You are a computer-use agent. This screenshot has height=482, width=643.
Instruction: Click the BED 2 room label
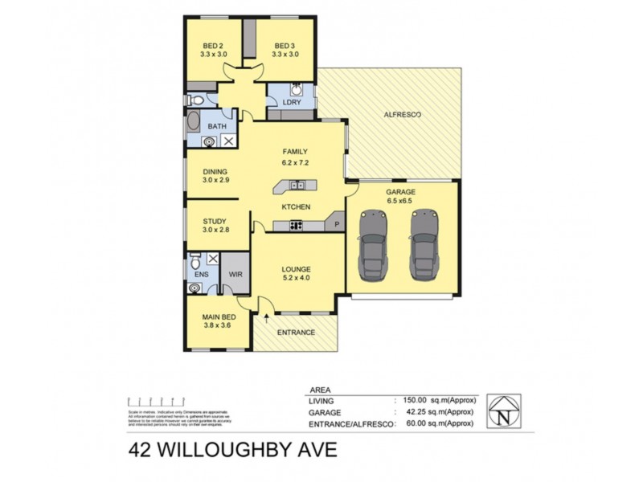tap(213, 45)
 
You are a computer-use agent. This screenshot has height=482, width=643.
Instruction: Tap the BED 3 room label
tap(285, 45)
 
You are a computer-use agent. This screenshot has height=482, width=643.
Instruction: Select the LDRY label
tap(292, 102)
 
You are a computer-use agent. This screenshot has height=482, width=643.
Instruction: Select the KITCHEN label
tap(295, 207)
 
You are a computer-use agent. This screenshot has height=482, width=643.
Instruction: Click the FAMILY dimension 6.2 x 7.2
tap(295, 162)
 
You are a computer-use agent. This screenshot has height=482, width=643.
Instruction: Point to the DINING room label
tap(215, 171)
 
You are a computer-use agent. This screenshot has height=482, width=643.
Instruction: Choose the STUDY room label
tap(215, 221)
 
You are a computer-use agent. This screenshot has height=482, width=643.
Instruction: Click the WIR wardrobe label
tap(235, 274)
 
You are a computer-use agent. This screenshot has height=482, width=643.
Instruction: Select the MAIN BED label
tap(218, 317)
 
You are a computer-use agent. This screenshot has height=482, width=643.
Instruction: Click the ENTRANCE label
tap(296, 333)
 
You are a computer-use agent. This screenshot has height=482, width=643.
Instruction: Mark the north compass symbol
tap(503, 412)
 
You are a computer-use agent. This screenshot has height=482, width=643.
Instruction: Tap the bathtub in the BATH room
tap(195, 125)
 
